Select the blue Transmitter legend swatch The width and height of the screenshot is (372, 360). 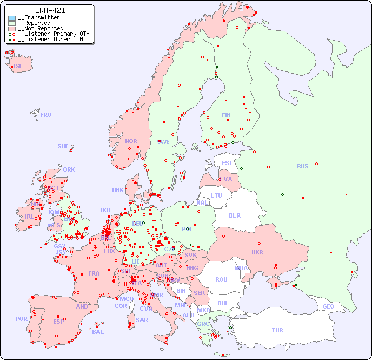coord(12,18)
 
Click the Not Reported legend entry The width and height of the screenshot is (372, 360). coord(41,28)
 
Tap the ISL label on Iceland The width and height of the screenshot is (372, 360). coord(18,67)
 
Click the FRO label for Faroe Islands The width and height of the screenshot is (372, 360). coord(46,115)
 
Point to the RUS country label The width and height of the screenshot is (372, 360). coord(302,166)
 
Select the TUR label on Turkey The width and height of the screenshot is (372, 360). coord(277,330)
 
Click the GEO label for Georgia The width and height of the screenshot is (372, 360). coord(328,306)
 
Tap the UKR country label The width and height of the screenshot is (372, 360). coord(257,252)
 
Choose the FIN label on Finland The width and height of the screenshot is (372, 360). coord(226,115)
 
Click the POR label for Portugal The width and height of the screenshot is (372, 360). coord(21,319)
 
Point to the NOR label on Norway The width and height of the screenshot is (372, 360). coord(131,141)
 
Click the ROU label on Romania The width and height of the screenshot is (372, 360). coord(221,279)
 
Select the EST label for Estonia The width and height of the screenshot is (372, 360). coord(227,163)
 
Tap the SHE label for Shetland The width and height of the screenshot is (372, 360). coord(63,146)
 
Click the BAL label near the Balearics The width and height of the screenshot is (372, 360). coord(97,332)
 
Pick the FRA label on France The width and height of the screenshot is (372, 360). coord(94,273)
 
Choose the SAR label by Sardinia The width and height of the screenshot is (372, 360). coord(142,320)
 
